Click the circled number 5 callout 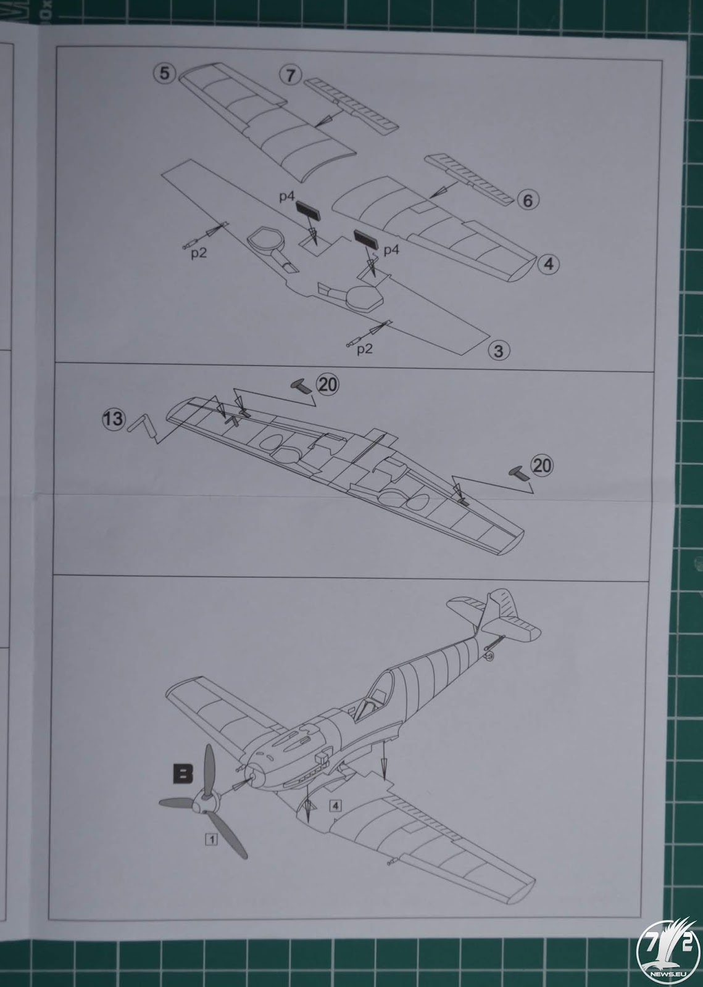[x=164, y=73]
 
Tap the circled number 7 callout [x=290, y=75]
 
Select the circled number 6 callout [x=527, y=201]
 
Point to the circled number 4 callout [x=548, y=265]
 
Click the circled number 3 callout [x=499, y=351]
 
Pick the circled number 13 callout [x=114, y=418]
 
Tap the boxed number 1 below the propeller [x=212, y=840]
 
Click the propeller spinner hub [x=207, y=800]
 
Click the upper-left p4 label [x=286, y=196]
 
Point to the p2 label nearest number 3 [x=365, y=349]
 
